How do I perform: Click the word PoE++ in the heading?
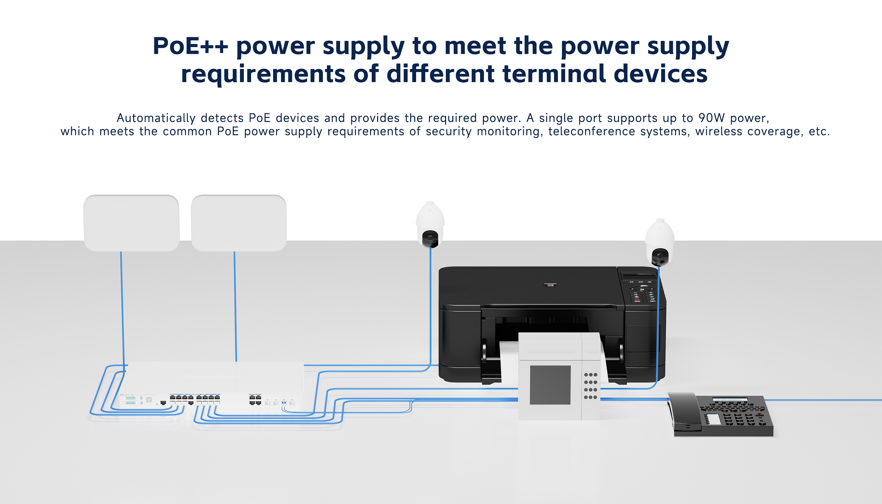coord(190,46)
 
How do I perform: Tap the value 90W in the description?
coord(711,118)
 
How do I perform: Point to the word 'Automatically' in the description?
coord(156,118)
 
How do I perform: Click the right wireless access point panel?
coord(238,223)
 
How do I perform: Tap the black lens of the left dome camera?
coord(430,238)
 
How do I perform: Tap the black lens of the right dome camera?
coord(660,256)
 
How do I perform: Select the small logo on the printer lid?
coord(550,285)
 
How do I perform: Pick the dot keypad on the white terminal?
coord(591,386)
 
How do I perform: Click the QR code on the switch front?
coord(149,400)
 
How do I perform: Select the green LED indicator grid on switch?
coord(131,400)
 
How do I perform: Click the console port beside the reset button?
coord(163,403)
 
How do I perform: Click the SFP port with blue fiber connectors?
coord(284,403)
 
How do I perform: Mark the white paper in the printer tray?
coord(509,360)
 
